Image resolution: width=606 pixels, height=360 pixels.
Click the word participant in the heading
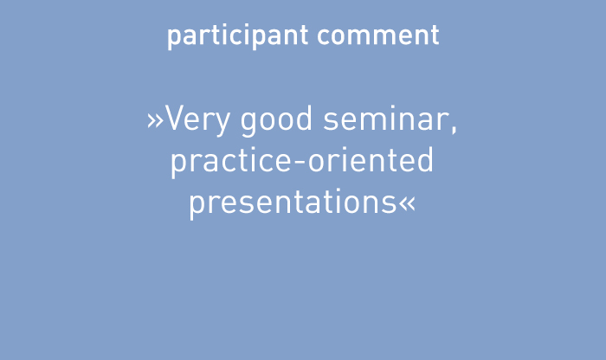click(238, 36)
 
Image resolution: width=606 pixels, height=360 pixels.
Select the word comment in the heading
click(378, 36)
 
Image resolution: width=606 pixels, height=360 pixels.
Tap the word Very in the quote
click(197, 120)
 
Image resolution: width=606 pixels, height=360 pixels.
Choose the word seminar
click(386, 119)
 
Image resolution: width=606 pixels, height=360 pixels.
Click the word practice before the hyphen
click(231, 163)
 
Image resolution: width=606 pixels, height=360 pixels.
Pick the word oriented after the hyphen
click(371, 160)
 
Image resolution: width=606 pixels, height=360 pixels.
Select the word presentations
click(293, 204)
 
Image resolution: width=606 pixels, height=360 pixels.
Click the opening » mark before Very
click(155, 121)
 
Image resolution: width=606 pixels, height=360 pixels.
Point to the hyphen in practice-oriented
click(300, 163)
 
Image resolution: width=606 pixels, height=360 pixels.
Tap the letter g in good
click(249, 125)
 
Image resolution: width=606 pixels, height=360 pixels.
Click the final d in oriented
click(425, 160)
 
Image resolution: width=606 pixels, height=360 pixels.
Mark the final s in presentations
click(390, 205)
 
